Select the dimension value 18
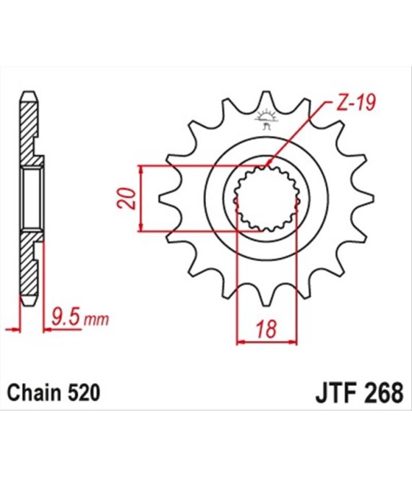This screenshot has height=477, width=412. pos(267,329)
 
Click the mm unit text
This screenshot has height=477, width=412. pos(96,319)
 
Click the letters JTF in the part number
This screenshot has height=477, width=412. pos(335,392)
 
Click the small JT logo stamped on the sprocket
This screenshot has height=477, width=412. pos(266,119)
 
